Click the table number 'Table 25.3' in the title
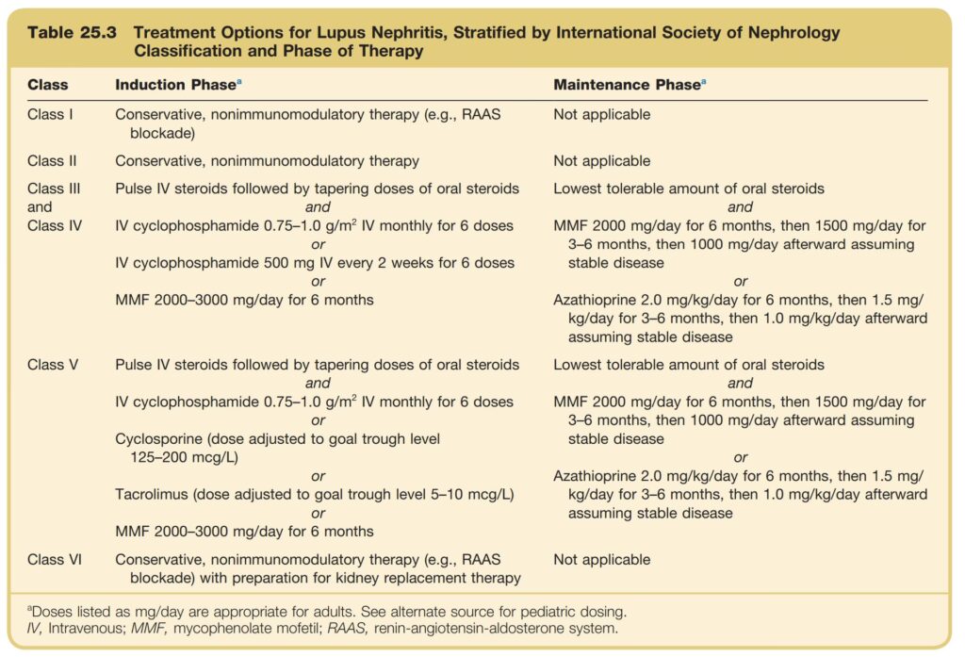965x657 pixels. point(72,32)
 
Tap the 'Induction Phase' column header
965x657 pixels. point(175,85)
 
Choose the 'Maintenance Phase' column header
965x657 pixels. point(626,85)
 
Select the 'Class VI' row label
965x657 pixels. point(55,560)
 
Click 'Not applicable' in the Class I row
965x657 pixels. point(601,115)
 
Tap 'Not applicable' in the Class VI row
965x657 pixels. point(601,560)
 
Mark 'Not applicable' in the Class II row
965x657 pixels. point(601,161)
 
